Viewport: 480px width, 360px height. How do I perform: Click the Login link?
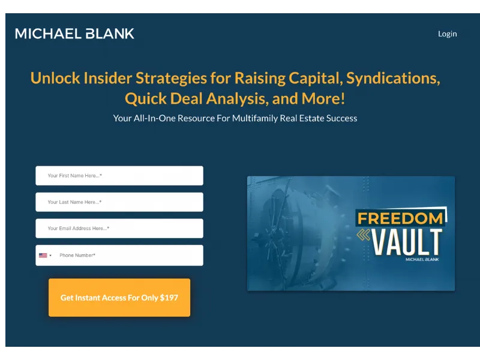click(x=447, y=34)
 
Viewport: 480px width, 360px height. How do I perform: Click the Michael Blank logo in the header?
click(x=74, y=34)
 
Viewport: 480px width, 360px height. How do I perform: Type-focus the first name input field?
click(x=119, y=176)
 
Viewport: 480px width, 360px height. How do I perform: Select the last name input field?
click(x=119, y=202)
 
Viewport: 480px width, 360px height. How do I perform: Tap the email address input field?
click(x=119, y=229)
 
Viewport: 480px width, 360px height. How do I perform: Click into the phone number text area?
click(x=128, y=256)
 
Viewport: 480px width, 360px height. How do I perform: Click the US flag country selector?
click(x=45, y=256)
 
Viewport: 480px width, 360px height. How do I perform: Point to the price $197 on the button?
click(x=169, y=298)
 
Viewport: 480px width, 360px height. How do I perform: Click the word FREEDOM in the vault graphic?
click(x=400, y=218)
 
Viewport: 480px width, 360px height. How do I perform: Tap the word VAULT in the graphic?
click(x=407, y=242)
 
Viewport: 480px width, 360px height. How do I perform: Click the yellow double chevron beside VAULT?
click(x=364, y=235)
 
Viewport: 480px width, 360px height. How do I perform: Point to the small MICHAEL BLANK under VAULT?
click(x=422, y=260)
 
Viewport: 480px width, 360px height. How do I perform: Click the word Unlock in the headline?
click(x=55, y=78)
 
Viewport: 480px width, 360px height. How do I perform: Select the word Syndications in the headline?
click(x=393, y=79)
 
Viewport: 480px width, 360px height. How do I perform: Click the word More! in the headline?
click(x=323, y=98)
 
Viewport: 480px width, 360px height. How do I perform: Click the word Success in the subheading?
click(x=341, y=118)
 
